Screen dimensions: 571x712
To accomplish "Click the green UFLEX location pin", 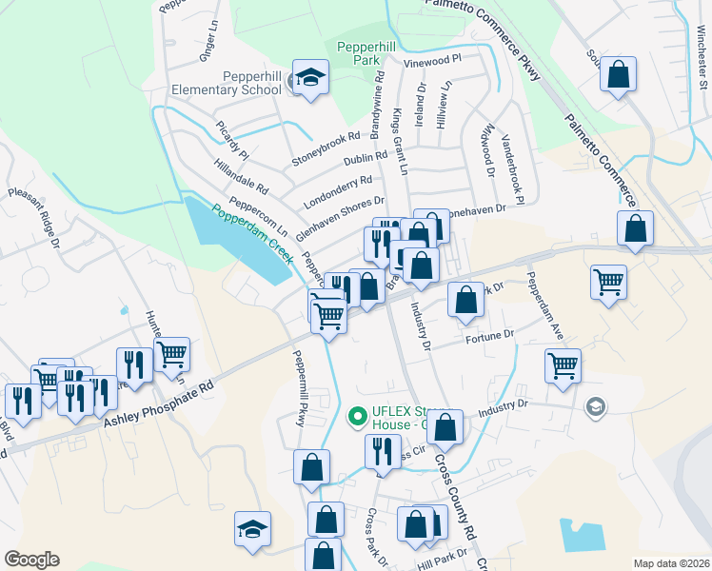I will pyautogui.click(x=357, y=416).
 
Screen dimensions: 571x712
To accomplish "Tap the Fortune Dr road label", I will pyautogui.click(x=490, y=335).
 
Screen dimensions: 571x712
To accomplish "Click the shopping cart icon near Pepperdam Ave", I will pyautogui.click(x=563, y=365).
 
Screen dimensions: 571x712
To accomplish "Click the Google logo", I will pyautogui.click(x=31, y=560).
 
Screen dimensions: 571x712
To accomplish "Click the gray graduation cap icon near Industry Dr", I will pyautogui.click(x=596, y=407).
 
